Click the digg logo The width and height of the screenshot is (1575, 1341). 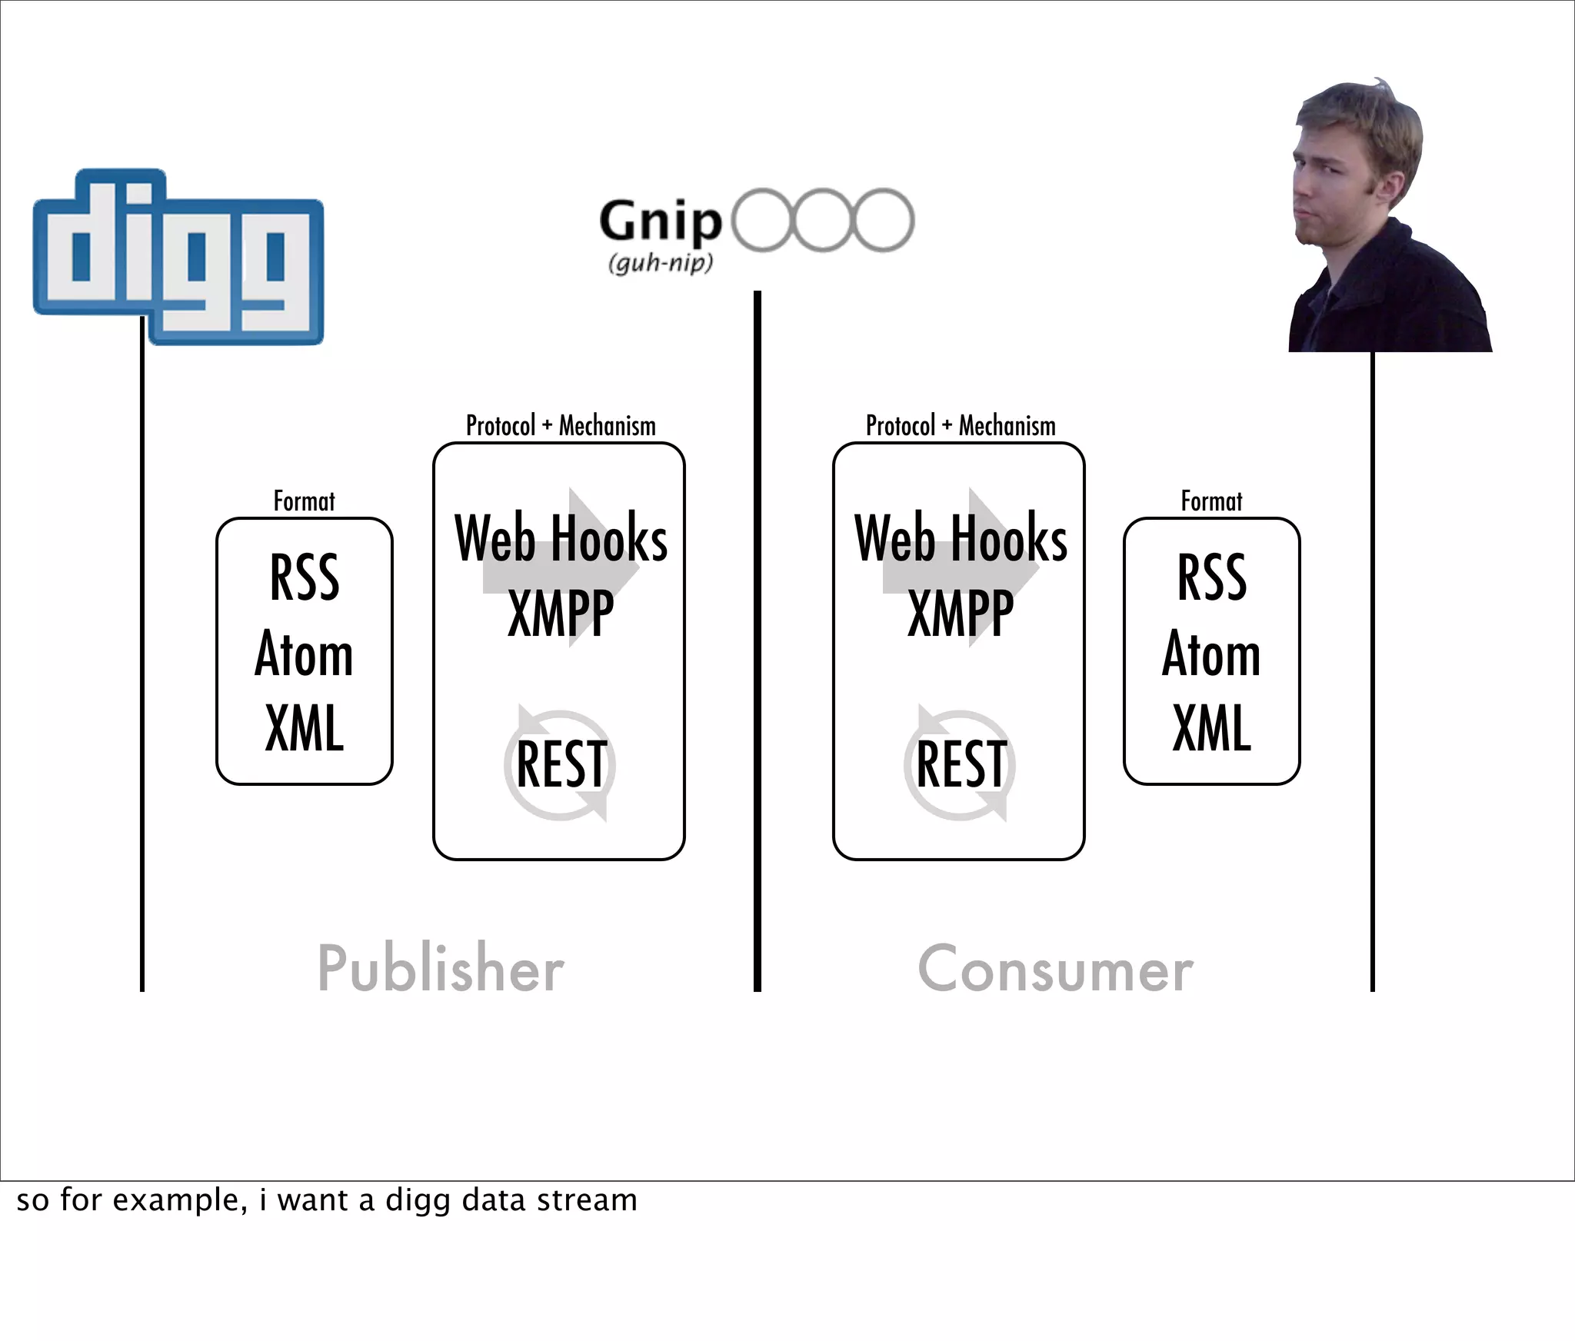tap(178, 257)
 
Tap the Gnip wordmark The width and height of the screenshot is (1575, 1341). tap(661, 222)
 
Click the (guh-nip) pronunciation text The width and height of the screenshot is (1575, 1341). tap(661, 263)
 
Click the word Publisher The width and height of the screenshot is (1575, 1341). tap(441, 968)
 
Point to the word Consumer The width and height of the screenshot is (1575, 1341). tap(1055, 969)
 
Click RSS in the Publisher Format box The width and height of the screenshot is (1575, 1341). tap(305, 577)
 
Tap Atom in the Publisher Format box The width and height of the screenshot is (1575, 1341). tap(305, 654)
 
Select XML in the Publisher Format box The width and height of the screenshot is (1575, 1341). tap(305, 727)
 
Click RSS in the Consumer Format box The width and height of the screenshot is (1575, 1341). tap(1212, 577)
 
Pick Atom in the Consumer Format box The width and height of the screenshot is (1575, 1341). tap(1212, 654)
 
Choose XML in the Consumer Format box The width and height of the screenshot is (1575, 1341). tap(1212, 727)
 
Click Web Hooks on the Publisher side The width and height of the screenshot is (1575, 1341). tap(561, 539)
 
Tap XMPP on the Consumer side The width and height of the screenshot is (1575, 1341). tap(961, 613)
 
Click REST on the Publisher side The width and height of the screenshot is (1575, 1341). tap(561, 764)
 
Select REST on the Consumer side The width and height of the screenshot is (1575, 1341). tap(961, 764)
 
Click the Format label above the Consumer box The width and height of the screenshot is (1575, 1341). tap(1211, 501)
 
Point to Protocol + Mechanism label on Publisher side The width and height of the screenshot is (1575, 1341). tap(561, 426)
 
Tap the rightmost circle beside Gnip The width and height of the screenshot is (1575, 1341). tap(884, 220)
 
